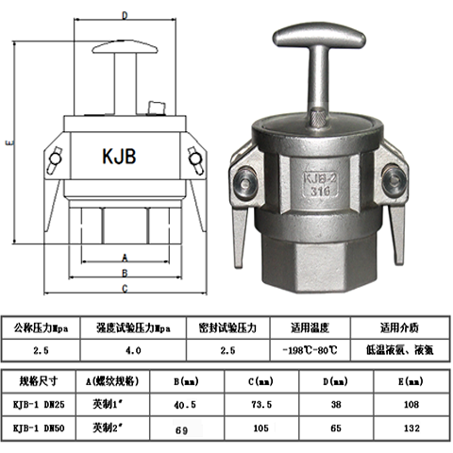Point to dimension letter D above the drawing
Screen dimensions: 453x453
pos(126,15)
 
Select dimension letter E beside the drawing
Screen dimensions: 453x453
pos(8,143)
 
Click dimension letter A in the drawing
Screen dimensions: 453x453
pos(126,255)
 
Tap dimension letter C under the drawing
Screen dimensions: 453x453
pos(126,288)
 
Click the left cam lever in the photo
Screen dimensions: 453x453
pos(241,208)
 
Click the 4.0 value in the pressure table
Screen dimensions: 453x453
pos(133,349)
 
